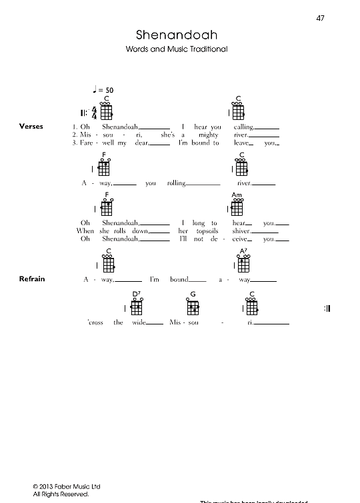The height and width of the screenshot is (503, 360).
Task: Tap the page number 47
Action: click(321, 18)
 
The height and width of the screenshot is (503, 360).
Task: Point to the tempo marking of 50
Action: click(103, 89)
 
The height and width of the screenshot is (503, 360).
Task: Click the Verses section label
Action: click(32, 125)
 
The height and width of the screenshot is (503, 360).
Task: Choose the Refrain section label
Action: click(32, 278)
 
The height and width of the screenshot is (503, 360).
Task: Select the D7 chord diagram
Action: click(137, 306)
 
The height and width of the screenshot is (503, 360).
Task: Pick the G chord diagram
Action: click(193, 306)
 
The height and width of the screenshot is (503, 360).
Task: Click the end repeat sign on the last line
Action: click(327, 308)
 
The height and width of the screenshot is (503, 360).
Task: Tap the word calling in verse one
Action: click(244, 126)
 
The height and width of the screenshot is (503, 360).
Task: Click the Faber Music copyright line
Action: click(63, 487)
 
